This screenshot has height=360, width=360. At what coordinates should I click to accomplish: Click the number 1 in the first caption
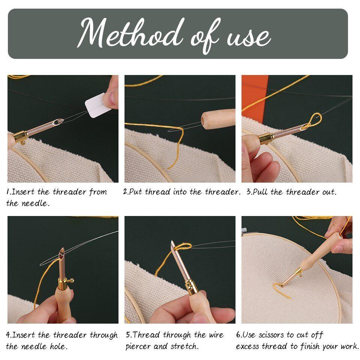[x=8, y=192]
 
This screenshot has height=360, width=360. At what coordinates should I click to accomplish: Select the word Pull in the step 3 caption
[x=261, y=192]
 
